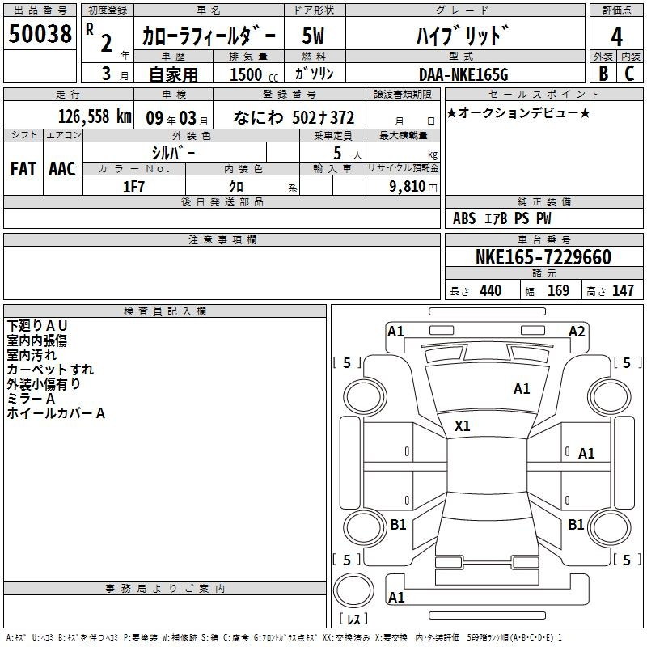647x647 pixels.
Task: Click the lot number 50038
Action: coord(40,33)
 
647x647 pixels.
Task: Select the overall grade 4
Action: coord(616,37)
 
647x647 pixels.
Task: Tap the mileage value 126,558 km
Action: coord(95,116)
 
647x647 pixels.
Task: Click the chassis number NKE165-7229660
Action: coord(543,256)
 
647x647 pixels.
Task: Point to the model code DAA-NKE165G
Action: coord(463,74)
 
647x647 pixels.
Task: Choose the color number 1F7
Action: coord(133,187)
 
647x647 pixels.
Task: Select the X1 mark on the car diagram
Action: coord(462,425)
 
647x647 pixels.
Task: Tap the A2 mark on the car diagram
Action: coord(577,332)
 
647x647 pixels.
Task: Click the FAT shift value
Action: coord(23,169)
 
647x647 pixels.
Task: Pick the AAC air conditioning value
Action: coord(62,169)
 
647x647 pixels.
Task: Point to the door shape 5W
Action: coord(313,36)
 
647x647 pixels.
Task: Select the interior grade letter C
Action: coord(629,74)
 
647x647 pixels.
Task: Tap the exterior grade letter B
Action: coord(603,74)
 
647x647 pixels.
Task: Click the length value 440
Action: coord(491,290)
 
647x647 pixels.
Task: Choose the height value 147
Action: coord(623,290)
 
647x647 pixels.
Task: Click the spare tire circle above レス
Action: coord(353,590)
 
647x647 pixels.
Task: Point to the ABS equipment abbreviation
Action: coord(464,218)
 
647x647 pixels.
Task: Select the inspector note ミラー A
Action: coord(31,398)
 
